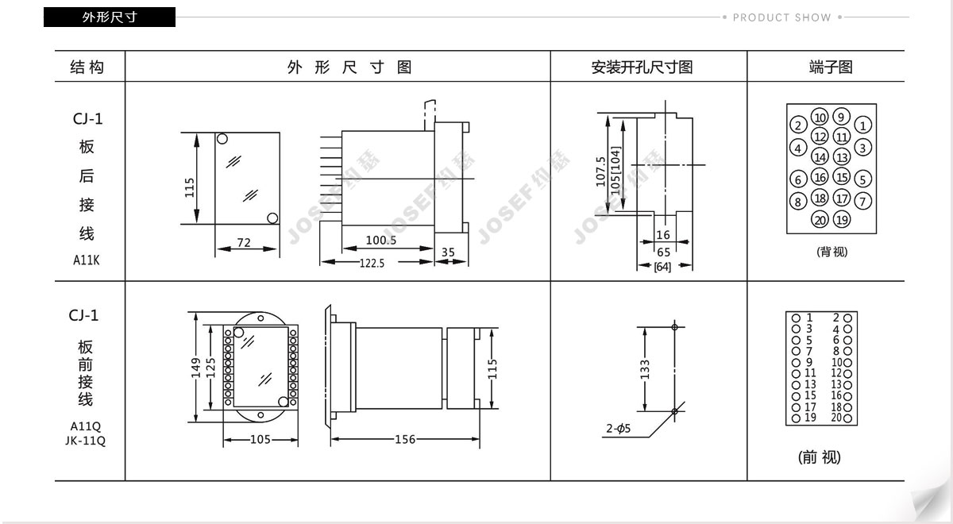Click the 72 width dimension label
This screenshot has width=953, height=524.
click(x=244, y=242)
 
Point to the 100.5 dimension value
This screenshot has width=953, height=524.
click(x=380, y=241)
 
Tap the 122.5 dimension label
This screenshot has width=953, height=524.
click(x=372, y=264)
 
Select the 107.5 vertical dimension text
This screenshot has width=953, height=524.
click(x=600, y=171)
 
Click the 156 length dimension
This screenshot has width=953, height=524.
click(x=404, y=439)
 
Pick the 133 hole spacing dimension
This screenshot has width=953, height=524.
click(x=645, y=369)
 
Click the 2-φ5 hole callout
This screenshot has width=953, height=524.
click(x=618, y=428)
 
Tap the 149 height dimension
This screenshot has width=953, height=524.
click(x=195, y=368)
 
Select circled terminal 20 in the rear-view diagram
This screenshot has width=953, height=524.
click(x=820, y=220)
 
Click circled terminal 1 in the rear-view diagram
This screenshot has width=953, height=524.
click(x=862, y=125)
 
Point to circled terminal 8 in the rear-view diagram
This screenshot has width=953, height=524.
click(x=798, y=202)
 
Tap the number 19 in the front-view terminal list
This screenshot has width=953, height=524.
click(x=810, y=418)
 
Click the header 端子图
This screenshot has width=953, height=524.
click(x=831, y=67)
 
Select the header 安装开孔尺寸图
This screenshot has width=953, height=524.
click(x=642, y=67)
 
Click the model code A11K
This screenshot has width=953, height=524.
click(x=87, y=260)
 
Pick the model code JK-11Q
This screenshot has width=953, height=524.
click(x=86, y=441)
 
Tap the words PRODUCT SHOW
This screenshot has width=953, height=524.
click(x=782, y=17)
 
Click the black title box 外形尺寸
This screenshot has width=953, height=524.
click(x=110, y=17)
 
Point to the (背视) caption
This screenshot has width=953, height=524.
click(x=831, y=252)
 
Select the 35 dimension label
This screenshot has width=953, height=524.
click(x=448, y=252)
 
